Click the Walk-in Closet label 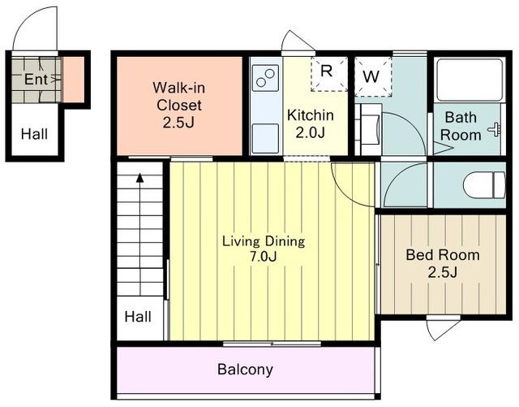[x=178, y=105]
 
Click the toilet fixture [x=484, y=185]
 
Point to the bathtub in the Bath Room [x=469, y=80]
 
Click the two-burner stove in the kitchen [x=265, y=78]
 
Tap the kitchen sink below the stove [x=265, y=138]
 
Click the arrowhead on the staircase [x=140, y=178]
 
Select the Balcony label [x=245, y=369]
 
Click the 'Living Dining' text [x=264, y=241]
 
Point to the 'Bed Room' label [x=443, y=255]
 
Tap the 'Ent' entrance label [x=36, y=79]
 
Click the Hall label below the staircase [x=138, y=317]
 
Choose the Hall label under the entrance [x=34, y=134]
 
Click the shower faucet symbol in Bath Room [x=495, y=129]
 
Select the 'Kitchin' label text [x=311, y=115]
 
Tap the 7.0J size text [x=263, y=257]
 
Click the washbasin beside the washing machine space [x=369, y=129]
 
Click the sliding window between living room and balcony [x=272, y=344]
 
